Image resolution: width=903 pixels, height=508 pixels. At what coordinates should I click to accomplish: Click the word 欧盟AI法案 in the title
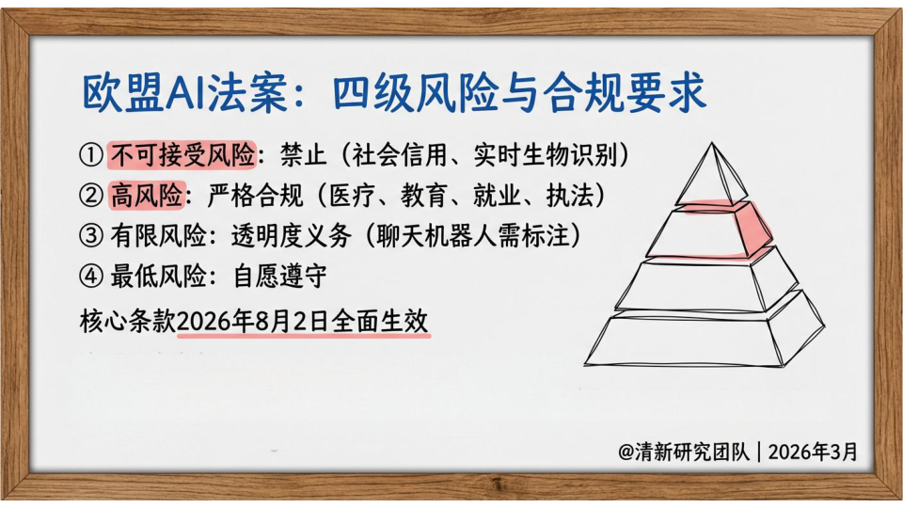(184, 93)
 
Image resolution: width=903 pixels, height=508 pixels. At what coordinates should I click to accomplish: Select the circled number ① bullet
(91, 155)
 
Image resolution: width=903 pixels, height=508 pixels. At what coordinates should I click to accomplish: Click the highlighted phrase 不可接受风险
(182, 155)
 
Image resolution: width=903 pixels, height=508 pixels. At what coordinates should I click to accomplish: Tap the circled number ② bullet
(91, 196)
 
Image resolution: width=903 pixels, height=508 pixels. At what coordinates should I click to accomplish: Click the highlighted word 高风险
(147, 196)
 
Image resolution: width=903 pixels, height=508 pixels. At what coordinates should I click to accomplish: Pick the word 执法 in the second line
(569, 196)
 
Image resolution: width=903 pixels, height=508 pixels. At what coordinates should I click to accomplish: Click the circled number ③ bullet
(91, 236)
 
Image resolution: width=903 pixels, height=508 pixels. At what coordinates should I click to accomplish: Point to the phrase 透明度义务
(291, 236)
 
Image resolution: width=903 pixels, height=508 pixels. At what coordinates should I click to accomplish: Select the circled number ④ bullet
(91, 277)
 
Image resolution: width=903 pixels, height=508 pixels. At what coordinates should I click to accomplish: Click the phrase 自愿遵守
(279, 277)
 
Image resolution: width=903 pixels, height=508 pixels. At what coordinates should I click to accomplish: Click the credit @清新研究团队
(684, 452)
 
